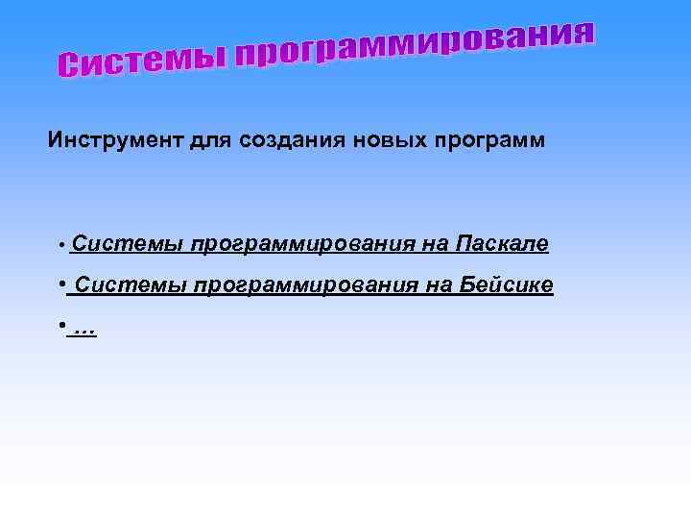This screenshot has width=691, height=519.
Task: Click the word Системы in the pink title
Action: (x=139, y=60)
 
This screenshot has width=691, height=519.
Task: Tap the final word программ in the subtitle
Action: (x=496, y=141)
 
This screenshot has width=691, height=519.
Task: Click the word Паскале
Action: (x=503, y=245)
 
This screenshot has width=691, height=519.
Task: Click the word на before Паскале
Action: (x=433, y=245)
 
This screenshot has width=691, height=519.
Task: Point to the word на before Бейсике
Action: (x=437, y=286)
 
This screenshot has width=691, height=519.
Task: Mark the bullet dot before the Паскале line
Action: (x=61, y=246)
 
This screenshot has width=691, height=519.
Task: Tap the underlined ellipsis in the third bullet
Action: (x=84, y=329)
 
